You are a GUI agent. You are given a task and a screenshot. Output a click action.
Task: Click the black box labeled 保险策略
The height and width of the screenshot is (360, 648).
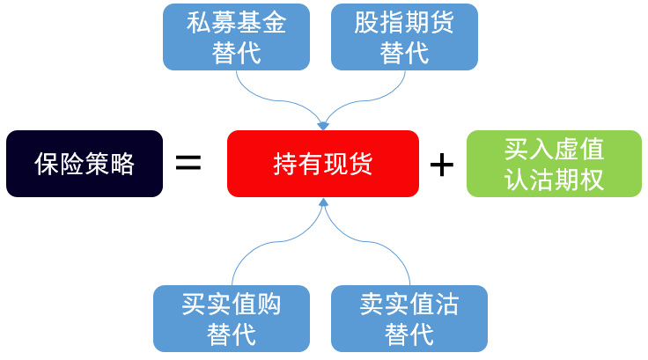click(x=85, y=163)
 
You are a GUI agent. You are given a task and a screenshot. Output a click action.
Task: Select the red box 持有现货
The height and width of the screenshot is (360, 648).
click(x=322, y=163)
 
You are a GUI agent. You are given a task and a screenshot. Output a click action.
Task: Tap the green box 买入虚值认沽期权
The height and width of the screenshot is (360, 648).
click(x=554, y=163)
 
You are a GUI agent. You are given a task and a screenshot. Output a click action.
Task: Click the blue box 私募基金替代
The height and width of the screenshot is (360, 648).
click(x=237, y=37)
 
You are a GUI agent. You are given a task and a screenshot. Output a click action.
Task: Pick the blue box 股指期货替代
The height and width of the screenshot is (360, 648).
click(x=404, y=37)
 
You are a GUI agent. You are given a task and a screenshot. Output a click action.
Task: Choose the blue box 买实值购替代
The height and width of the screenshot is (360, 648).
click(x=232, y=318)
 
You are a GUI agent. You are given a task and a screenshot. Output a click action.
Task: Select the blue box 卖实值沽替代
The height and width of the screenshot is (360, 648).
click(x=409, y=318)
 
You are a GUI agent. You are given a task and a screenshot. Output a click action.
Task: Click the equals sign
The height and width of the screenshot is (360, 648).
click(x=188, y=163)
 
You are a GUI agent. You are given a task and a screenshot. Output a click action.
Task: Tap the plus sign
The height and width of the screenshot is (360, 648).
click(x=441, y=164)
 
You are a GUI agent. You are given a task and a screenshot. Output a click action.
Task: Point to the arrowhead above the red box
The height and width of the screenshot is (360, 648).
click(x=322, y=124)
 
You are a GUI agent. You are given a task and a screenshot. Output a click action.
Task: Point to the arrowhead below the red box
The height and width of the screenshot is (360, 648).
click(x=323, y=204)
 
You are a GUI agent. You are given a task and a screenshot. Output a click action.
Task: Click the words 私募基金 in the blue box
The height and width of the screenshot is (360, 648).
click(x=237, y=24)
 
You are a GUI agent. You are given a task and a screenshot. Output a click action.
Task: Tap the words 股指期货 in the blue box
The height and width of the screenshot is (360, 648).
click(x=404, y=24)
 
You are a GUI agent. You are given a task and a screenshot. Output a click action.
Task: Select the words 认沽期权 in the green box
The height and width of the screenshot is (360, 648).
click(x=554, y=179)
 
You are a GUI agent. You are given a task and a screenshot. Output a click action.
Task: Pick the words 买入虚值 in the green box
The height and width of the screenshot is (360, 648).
click(x=554, y=148)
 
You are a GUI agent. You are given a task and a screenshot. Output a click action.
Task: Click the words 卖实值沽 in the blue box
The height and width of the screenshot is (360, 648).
click(x=409, y=305)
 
